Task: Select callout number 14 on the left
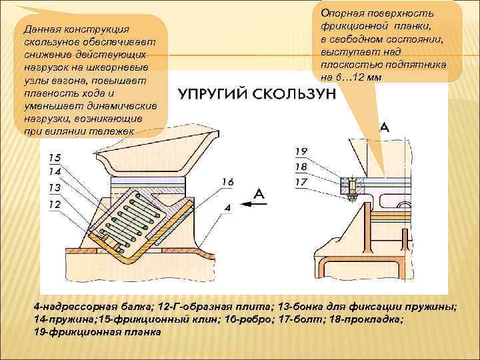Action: click(55, 172)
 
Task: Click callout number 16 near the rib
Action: click(227, 181)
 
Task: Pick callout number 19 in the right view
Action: click(301, 153)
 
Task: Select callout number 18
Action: click(301, 167)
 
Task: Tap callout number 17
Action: click(301, 181)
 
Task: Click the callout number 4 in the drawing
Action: click(227, 207)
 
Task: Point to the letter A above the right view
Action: click(385, 129)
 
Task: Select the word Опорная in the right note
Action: click(342, 13)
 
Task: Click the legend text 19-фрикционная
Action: click(78, 331)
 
